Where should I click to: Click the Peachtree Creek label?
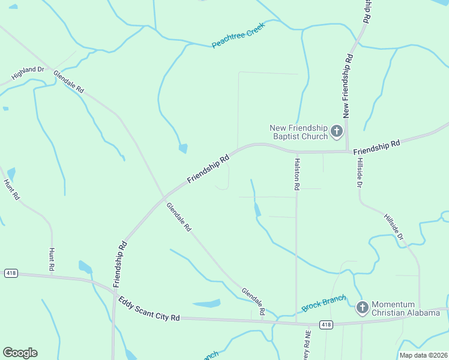pos(238,37)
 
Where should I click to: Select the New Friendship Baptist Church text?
pos(298,132)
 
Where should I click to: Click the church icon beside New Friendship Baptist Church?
pos(337,131)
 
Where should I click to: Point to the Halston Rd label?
pos(297,174)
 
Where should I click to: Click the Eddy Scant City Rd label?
pos(149,308)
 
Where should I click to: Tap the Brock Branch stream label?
pos(324,302)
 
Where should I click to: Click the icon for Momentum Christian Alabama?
pos(362,308)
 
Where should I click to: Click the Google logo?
pos(20,353)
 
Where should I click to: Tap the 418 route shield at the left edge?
pos(10,273)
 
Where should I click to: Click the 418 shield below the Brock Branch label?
pos(326,325)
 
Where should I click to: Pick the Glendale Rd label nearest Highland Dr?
pos(68,82)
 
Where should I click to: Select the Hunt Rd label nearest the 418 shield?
pos(52,259)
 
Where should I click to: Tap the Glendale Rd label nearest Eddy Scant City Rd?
pos(253,301)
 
